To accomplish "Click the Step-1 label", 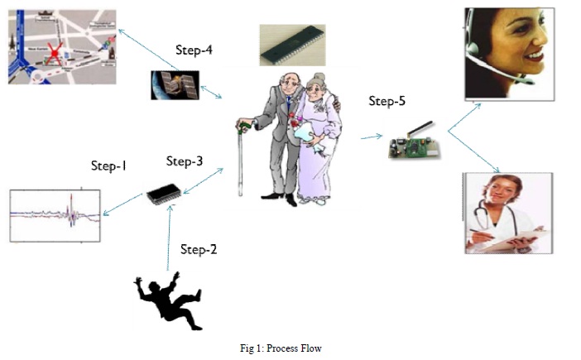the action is (x=108, y=166).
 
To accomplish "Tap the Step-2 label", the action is (x=199, y=250).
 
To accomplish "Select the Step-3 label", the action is (x=185, y=161).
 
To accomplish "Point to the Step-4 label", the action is (x=194, y=50).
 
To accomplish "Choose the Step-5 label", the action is (x=387, y=101).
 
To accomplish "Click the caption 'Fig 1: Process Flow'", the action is (x=281, y=348).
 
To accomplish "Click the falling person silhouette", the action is (x=168, y=300).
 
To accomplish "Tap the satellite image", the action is (x=175, y=85).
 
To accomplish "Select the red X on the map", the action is (x=55, y=54).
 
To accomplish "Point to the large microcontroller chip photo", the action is (x=292, y=46).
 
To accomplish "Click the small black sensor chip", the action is (x=163, y=194).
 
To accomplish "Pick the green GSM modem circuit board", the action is (x=415, y=146).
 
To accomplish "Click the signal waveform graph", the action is (x=55, y=215).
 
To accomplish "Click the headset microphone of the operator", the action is (x=500, y=69).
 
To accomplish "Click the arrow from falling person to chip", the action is (x=169, y=238).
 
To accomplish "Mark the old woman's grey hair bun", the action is (x=319, y=78).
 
